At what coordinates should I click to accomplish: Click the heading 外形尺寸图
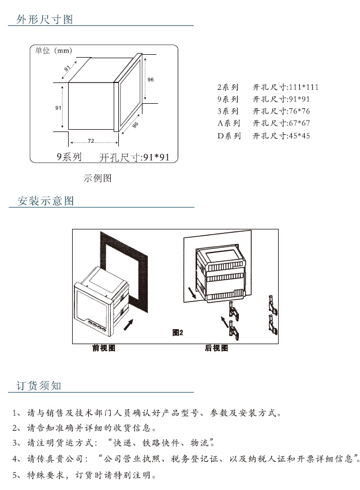pyautogui.click(x=45, y=20)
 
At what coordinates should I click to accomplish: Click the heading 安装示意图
pyautogui.click(x=46, y=201)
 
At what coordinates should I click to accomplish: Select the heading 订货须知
pyautogui.click(x=38, y=386)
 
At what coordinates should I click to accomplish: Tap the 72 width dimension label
pyautogui.click(x=91, y=141)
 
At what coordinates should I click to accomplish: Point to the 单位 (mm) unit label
pyautogui.click(x=53, y=51)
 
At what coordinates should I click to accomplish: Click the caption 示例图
pyautogui.click(x=97, y=178)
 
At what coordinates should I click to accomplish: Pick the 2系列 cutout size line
pyautogui.click(x=268, y=88)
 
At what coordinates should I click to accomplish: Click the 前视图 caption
pyautogui.click(x=104, y=348)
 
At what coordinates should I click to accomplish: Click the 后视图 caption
pyautogui.click(x=216, y=348)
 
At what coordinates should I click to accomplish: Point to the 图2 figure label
pyautogui.click(x=178, y=333)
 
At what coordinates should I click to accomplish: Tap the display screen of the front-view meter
pyautogui.click(x=96, y=303)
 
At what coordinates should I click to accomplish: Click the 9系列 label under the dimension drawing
pyautogui.click(x=69, y=157)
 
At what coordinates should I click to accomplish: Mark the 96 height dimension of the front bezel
pyautogui.click(x=150, y=79)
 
